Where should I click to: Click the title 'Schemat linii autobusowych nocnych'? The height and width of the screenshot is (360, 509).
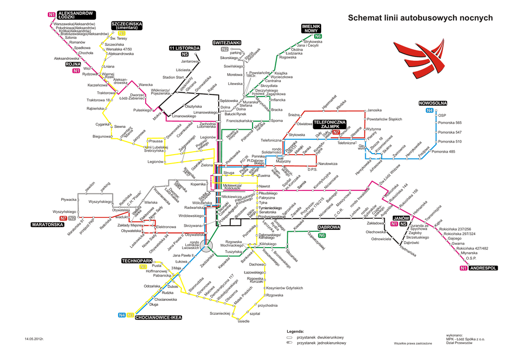(x=420, y=18)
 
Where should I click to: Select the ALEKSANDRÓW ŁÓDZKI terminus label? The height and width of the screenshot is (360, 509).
(x=76, y=14)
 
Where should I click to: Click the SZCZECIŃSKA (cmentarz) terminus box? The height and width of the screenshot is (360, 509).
(x=127, y=25)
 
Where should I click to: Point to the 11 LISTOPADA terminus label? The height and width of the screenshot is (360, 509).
(x=184, y=48)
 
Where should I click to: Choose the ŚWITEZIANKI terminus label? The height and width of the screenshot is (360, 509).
(x=227, y=43)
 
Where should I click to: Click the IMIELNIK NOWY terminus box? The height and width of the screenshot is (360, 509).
(x=311, y=28)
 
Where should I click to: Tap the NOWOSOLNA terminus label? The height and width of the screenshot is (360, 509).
(x=433, y=103)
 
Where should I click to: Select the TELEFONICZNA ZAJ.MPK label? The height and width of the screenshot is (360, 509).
(x=330, y=124)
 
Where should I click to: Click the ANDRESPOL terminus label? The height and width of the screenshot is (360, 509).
(x=483, y=269)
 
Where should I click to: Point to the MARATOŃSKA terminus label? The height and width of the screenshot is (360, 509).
(x=48, y=224)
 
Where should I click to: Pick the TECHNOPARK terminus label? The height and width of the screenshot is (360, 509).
(x=137, y=261)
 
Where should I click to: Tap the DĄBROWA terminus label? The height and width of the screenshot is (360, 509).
(x=329, y=227)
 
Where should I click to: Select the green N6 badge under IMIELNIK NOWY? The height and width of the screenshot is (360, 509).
(x=318, y=36)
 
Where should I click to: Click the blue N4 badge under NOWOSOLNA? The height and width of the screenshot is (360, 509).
(x=429, y=110)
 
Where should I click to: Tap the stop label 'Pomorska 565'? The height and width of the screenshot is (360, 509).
(x=450, y=122)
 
